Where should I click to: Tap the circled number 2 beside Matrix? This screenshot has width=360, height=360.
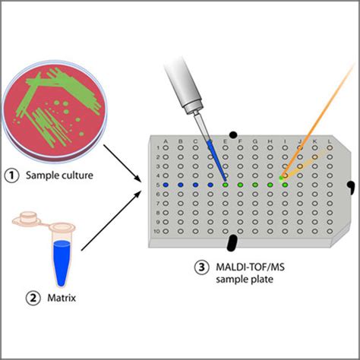(12, 298)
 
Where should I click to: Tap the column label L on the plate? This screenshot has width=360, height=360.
(328, 142)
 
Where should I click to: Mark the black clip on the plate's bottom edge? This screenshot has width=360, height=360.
(232, 242)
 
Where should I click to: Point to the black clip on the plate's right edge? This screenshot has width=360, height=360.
(351, 186)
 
